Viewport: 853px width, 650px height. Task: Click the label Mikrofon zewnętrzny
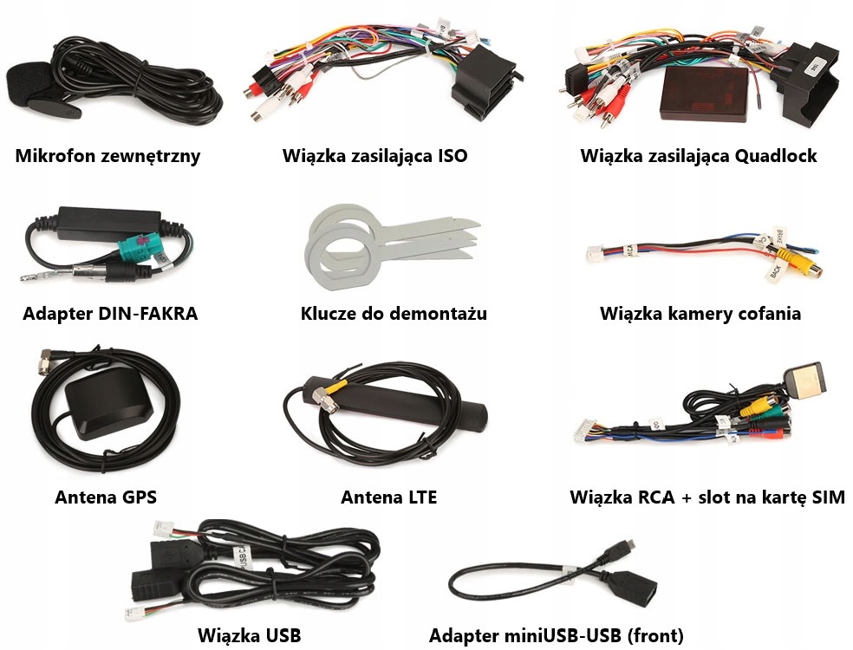(x=107, y=156)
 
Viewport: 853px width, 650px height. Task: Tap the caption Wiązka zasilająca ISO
(x=374, y=156)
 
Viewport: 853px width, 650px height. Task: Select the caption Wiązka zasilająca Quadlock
(x=699, y=156)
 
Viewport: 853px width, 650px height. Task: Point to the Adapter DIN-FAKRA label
(x=110, y=314)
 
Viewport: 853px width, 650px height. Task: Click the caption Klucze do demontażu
(x=394, y=314)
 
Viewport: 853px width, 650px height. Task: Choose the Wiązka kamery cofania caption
(x=700, y=314)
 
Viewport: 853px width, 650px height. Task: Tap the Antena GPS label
(x=105, y=497)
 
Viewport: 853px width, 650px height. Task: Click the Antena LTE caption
(x=388, y=497)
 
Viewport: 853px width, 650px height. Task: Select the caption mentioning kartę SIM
(x=706, y=497)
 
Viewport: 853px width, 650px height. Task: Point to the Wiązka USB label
(x=249, y=635)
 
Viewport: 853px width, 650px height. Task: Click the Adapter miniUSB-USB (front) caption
(x=556, y=635)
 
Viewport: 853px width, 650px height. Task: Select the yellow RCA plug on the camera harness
(x=785, y=257)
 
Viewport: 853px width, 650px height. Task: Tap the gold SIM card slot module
(x=803, y=379)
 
